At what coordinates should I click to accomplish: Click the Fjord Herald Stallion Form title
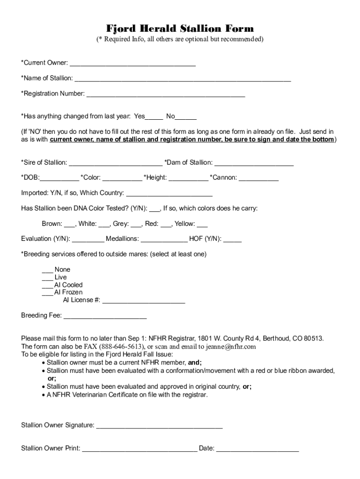tap(180, 29)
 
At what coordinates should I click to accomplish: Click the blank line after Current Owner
tap(132, 63)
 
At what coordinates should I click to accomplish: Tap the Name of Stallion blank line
tap(182, 78)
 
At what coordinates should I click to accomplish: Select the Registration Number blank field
tap(166, 94)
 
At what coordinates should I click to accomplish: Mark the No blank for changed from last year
tap(186, 116)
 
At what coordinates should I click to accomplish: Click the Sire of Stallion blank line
tap(115, 163)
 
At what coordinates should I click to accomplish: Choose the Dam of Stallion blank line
tap(254, 163)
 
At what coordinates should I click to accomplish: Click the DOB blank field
tap(59, 178)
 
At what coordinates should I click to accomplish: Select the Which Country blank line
tap(169, 193)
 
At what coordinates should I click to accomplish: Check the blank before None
tap(47, 270)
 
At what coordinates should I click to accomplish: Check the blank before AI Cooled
tap(47, 285)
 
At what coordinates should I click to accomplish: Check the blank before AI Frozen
tap(47, 292)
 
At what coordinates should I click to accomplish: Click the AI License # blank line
tap(144, 300)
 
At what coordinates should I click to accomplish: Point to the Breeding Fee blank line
tap(105, 316)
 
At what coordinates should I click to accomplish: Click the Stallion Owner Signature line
tap(159, 426)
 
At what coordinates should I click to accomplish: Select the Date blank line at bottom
tap(257, 449)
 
